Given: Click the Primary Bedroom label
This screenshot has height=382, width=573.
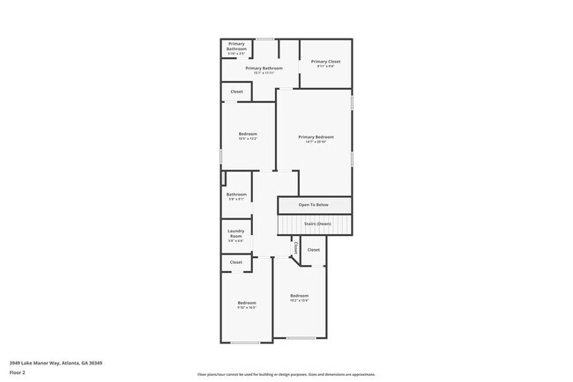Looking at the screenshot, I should (x=316, y=136).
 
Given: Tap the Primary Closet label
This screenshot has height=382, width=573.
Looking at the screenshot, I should (x=325, y=61).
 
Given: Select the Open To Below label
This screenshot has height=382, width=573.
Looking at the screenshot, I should (x=313, y=205).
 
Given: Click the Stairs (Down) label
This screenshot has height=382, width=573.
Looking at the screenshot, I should (x=317, y=224).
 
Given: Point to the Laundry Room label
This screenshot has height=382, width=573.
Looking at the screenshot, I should (x=236, y=233).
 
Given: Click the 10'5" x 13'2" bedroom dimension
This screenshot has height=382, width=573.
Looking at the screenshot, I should (x=247, y=138).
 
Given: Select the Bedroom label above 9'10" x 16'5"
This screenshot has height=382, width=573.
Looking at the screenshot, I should (x=247, y=303).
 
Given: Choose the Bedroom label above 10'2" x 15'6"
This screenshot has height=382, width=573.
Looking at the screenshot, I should (x=300, y=295).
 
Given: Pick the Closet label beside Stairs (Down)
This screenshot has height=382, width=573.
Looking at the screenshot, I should (x=313, y=249).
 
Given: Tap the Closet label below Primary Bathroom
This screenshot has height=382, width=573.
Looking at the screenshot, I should (x=236, y=92).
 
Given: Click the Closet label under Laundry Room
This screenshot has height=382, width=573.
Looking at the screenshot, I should (x=236, y=262).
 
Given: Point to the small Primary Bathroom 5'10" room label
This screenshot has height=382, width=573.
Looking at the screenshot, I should (x=237, y=46).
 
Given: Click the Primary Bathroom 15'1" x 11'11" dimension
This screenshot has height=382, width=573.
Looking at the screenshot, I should (x=264, y=72).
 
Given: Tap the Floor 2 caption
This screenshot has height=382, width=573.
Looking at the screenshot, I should (x=19, y=373).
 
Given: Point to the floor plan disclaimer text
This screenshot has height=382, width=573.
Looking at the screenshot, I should (x=286, y=375).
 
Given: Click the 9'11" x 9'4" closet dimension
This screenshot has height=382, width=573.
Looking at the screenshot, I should (x=325, y=66).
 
